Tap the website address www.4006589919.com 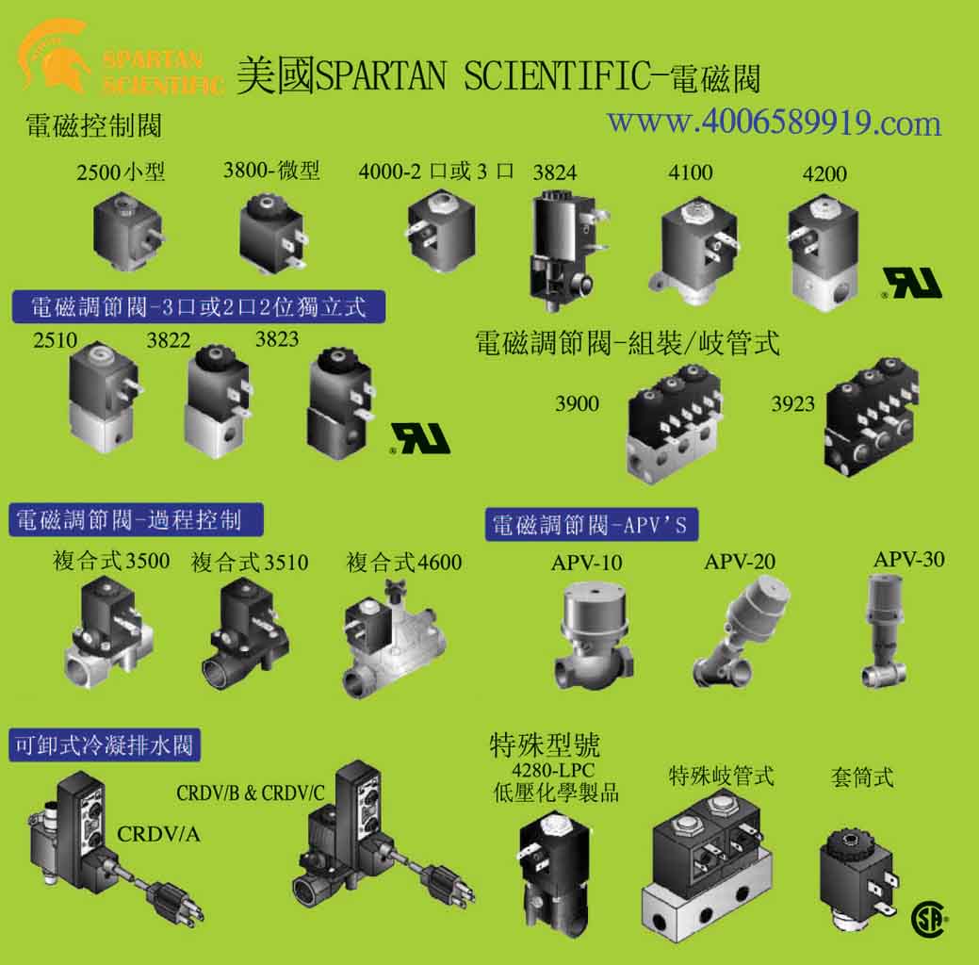coord(775,123)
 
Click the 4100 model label coord(690,172)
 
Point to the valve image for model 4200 coord(823,251)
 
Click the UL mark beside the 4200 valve coord(911,283)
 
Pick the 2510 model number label coord(56,340)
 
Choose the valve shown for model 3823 coord(341,402)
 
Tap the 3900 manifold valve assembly coord(675,425)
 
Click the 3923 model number coord(793,404)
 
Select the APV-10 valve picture coord(593,634)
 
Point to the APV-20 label coord(740,562)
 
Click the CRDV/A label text coord(158,834)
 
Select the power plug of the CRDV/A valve coord(175,902)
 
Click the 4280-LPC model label coord(553,770)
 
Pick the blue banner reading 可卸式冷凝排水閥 coord(105,744)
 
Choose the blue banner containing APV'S coord(592,524)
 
